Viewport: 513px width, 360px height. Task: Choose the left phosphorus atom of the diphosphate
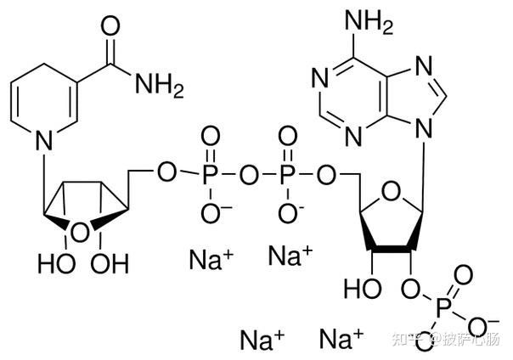pos(209,174)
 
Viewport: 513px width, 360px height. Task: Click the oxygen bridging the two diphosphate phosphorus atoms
pos(248,174)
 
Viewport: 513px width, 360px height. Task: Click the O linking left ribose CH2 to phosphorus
pos(167,174)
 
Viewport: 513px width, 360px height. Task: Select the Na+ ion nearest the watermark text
pos(341,339)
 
